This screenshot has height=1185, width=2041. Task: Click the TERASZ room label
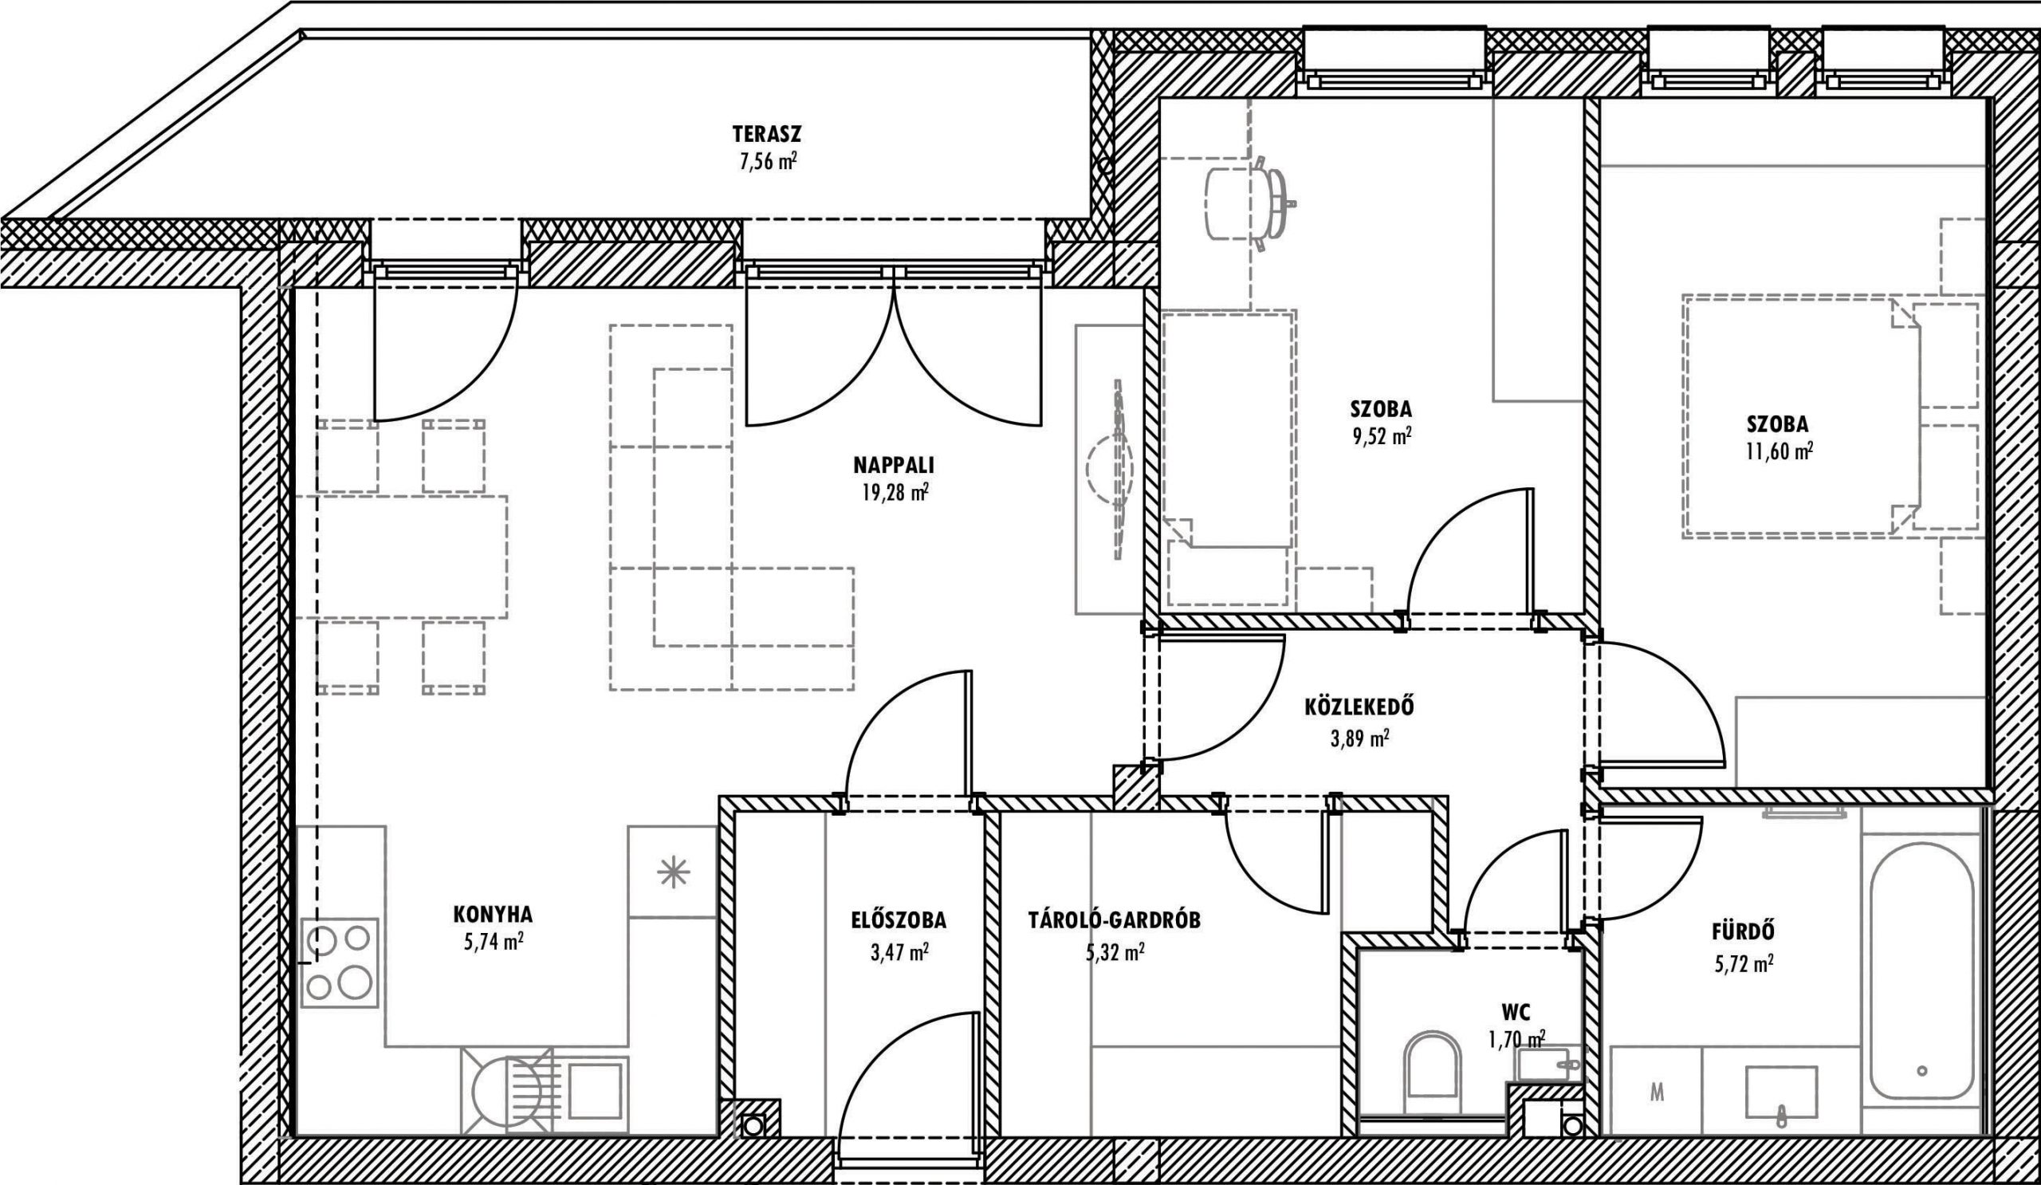click(766, 133)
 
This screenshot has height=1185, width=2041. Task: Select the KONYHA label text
click(493, 915)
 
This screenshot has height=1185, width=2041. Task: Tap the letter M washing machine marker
click(1657, 1093)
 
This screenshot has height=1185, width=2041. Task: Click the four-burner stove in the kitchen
click(340, 962)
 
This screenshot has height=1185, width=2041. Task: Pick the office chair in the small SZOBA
click(1247, 203)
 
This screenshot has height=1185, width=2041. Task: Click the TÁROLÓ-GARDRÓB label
click(1115, 920)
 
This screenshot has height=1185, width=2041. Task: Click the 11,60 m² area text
click(1779, 451)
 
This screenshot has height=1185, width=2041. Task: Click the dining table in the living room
click(402, 557)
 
